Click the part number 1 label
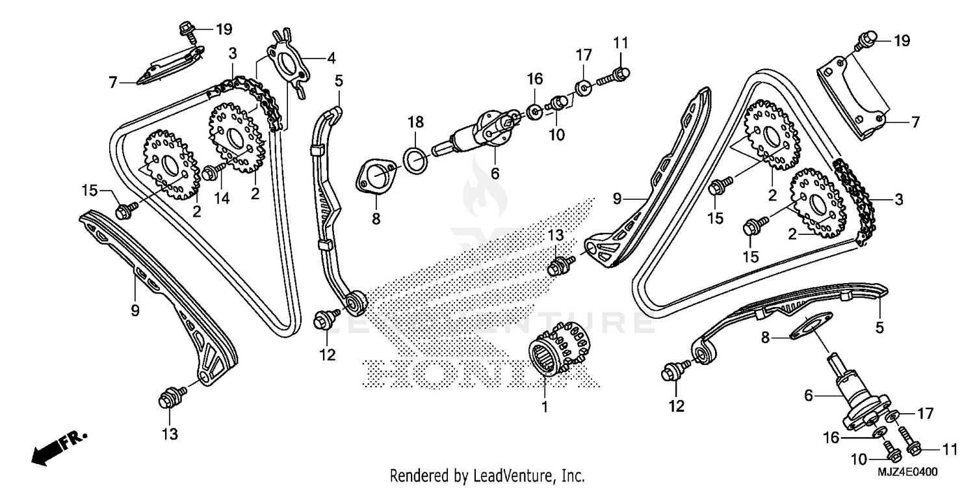[x=545, y=407]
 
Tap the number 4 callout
[x=331, y=58]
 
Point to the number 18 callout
[x=415, y=122]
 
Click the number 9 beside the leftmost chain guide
[x=135, y=310]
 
